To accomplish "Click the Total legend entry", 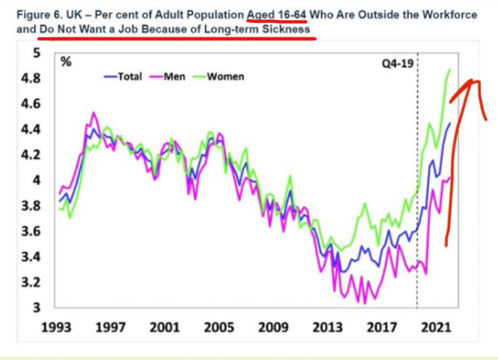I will point(123,77).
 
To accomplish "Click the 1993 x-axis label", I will point(57,327).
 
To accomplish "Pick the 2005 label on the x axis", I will point(219,327).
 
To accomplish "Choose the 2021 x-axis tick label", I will point(436,327).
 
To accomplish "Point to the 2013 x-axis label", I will point(327,327).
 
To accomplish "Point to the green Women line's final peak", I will point(450,70).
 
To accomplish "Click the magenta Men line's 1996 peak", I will point(94,112).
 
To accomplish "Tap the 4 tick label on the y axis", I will point(37,181).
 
